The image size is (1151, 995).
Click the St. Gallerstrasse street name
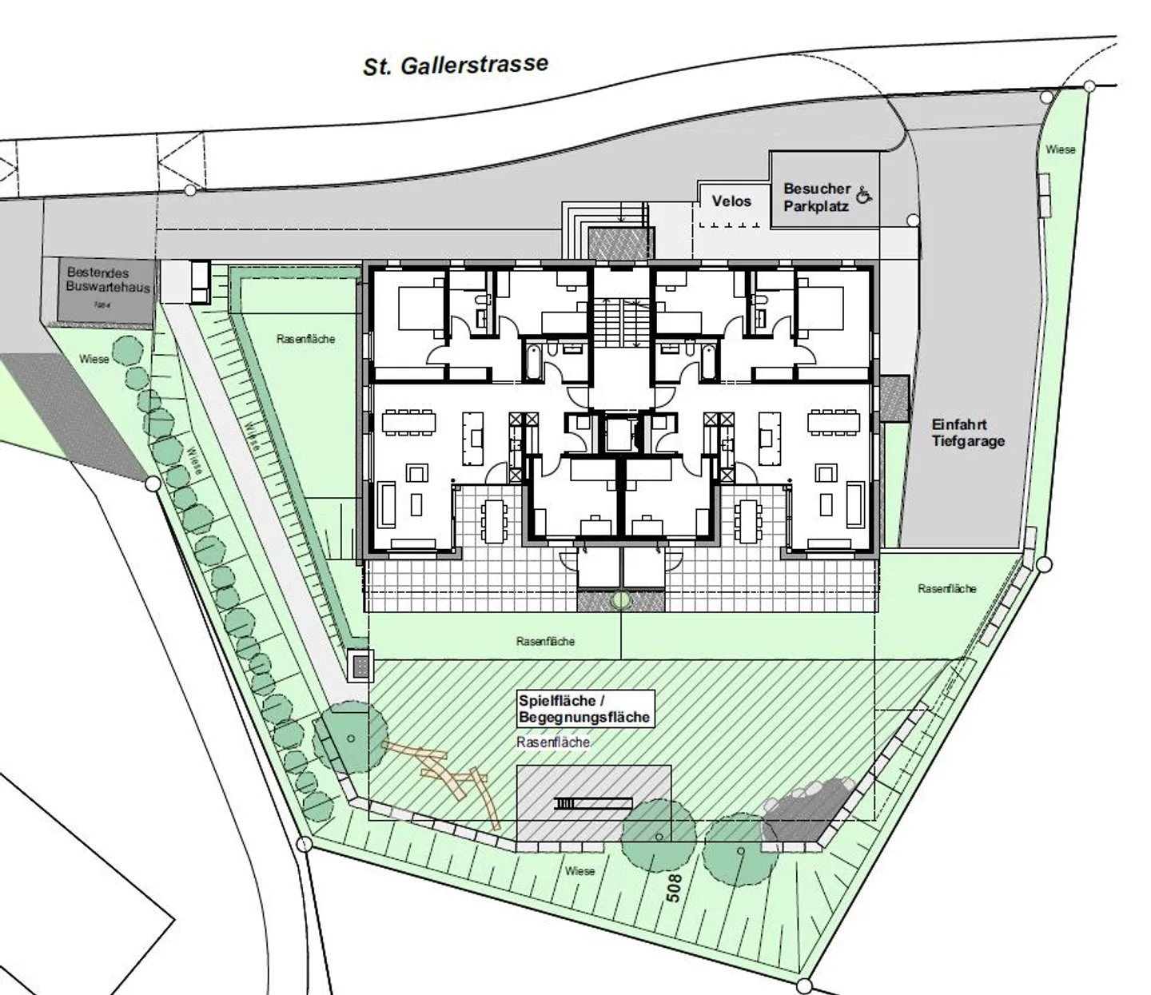tap(456, 65)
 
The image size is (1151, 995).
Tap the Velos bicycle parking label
tap(731, 201)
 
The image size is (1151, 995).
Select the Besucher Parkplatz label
tap(816, 197)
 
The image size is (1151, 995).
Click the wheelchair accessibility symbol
tap(863, 194)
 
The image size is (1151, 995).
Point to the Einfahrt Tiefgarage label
tap(967, 432)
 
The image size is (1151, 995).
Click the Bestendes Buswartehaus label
tap(108, 280)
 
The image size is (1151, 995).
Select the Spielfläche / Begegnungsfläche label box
tap(584, 709)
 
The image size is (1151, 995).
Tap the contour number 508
tap(674, 887)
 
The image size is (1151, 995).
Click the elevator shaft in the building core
tap(617, 433)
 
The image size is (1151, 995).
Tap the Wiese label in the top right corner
tap(1060, 149)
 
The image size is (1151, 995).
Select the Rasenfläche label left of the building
tap(305, 339)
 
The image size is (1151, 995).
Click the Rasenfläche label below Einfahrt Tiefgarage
tap(946, 588)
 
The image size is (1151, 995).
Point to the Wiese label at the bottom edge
tap(579, 870)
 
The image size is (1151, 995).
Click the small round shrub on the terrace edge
tap(619, 599)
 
